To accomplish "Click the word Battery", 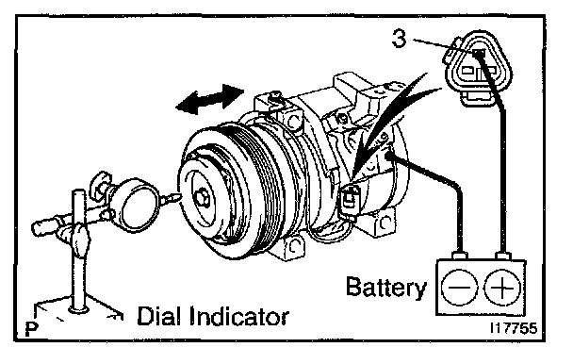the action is tap(386, 288).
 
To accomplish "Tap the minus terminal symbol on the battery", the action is tap(459, 288).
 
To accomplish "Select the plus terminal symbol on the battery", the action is tap(502, 288).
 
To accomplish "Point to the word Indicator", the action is tap(239, 317).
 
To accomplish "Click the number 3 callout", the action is tap(399, 38).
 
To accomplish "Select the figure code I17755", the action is tap(514, 328).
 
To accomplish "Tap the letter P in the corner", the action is tap(32, 329).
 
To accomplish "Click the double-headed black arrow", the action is tap(210, 98).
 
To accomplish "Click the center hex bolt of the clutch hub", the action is tap(202, 198).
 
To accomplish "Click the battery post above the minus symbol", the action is tap(459, 256).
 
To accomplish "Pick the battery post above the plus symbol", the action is tap(503, 256).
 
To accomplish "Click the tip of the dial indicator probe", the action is tap(179, 196).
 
